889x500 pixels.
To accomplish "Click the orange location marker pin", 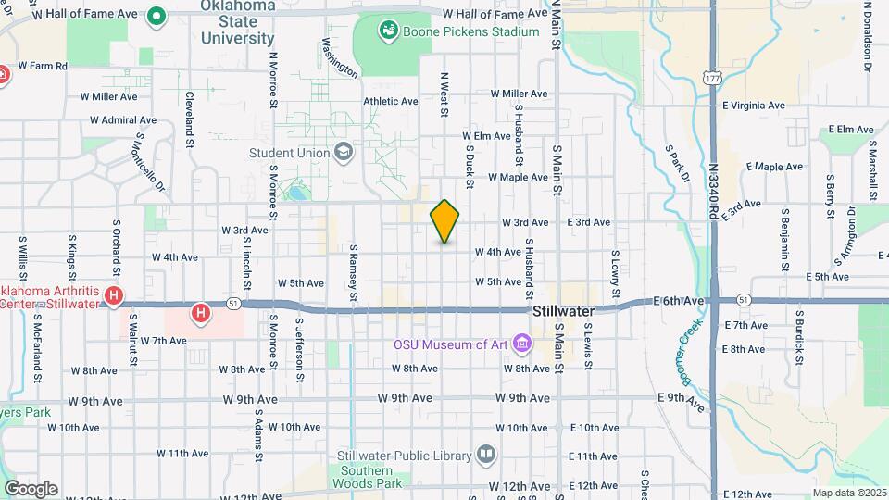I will (445, 221).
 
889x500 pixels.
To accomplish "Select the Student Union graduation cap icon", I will (344, 152).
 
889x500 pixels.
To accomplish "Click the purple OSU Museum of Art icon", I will (522, 344).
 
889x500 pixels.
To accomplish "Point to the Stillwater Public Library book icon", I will (486, 455).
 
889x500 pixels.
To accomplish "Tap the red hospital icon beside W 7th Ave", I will (199, 314).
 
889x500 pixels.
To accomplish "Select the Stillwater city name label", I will (564, 312).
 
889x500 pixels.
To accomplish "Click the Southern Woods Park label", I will (369, 477).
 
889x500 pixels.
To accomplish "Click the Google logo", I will (30, 488).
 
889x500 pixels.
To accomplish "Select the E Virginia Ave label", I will (751, 106).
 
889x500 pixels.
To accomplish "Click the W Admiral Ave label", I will (123, 120).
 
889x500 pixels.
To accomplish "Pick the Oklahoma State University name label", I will (238, 23).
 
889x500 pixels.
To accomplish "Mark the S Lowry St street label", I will (614, 268).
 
